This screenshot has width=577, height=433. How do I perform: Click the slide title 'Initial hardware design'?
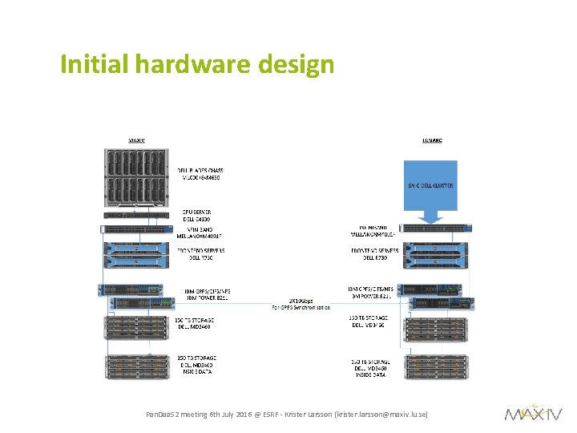196,64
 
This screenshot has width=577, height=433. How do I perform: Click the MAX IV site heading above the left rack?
137,140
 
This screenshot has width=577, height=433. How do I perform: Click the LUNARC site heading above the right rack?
432,140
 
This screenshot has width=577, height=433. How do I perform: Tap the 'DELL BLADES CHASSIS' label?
200,172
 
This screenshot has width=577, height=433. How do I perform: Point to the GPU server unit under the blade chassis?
137,213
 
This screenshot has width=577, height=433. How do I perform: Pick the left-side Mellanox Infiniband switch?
137,229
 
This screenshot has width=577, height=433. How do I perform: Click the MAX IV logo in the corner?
533,412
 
